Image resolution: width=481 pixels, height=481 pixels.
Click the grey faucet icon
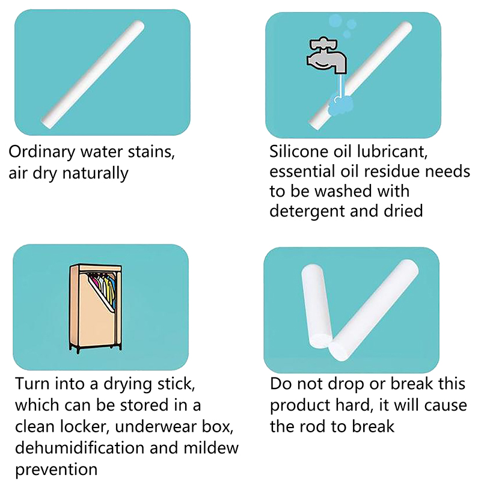[327, 55]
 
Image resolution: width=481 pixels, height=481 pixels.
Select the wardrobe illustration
[96, 308]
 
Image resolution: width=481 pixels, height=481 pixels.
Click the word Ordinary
[41, 152]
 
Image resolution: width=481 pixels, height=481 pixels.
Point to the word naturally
[96, 173]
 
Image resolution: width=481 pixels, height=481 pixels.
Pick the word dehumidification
[80, 447]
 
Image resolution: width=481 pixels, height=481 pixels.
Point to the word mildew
[211, 447]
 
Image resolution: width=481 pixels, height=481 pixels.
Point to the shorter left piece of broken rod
[317, 306]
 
